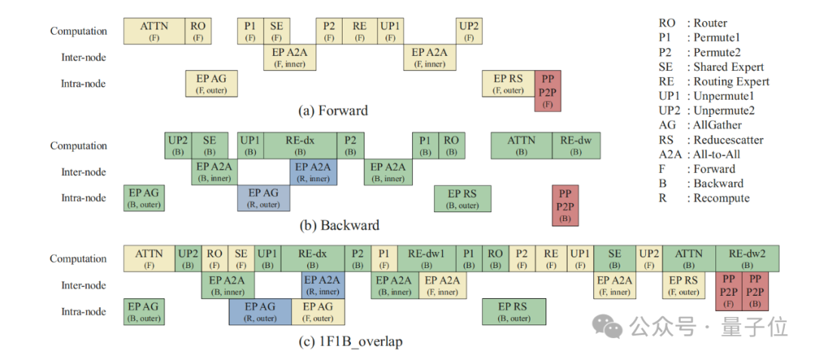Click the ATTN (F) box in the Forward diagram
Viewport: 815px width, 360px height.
click(x=155, y=31)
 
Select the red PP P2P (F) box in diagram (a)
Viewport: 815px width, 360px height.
click(x=548, y=92)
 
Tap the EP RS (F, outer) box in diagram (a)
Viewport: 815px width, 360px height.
click(x=508, y=84)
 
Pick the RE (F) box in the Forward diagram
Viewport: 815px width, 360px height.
click(x=359, y=31)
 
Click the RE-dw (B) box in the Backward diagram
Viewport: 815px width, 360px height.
click(x=576, y=146)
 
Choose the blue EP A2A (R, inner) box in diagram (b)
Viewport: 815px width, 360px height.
click(x=312, y=172)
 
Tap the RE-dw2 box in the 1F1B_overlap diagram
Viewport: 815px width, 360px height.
click(x=747, y=259)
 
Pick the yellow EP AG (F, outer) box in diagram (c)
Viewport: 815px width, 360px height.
click(x=318, y=312)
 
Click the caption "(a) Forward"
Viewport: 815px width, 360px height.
click(x=333, y=111)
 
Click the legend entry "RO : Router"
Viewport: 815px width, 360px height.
click(x=693, y=23)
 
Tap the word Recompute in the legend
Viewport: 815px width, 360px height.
click(x=721, y=198)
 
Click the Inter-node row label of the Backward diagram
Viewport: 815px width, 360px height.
click(x=84, y=172)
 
